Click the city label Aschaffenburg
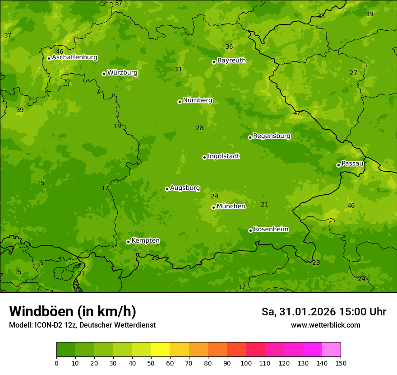coord(74,57)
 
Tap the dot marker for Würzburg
coord(104,74)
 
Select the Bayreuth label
coord(231,61)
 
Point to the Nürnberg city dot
coord(180,102)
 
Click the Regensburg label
coord(272,136)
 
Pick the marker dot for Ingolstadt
coord(204,157)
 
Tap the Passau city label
coord(352,164)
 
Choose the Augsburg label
coord(185,188)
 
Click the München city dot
coord(213,207)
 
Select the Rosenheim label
coord(271,230)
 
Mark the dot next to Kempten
coord(128,242)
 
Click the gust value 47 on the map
coord(297,113)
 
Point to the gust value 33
coord(178,70)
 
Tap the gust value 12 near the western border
coord(105,188)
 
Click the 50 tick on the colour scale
coord(151,363)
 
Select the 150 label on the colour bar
coord(341,363)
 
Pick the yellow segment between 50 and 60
coord(161,350)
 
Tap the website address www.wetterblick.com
coord(325,325)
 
